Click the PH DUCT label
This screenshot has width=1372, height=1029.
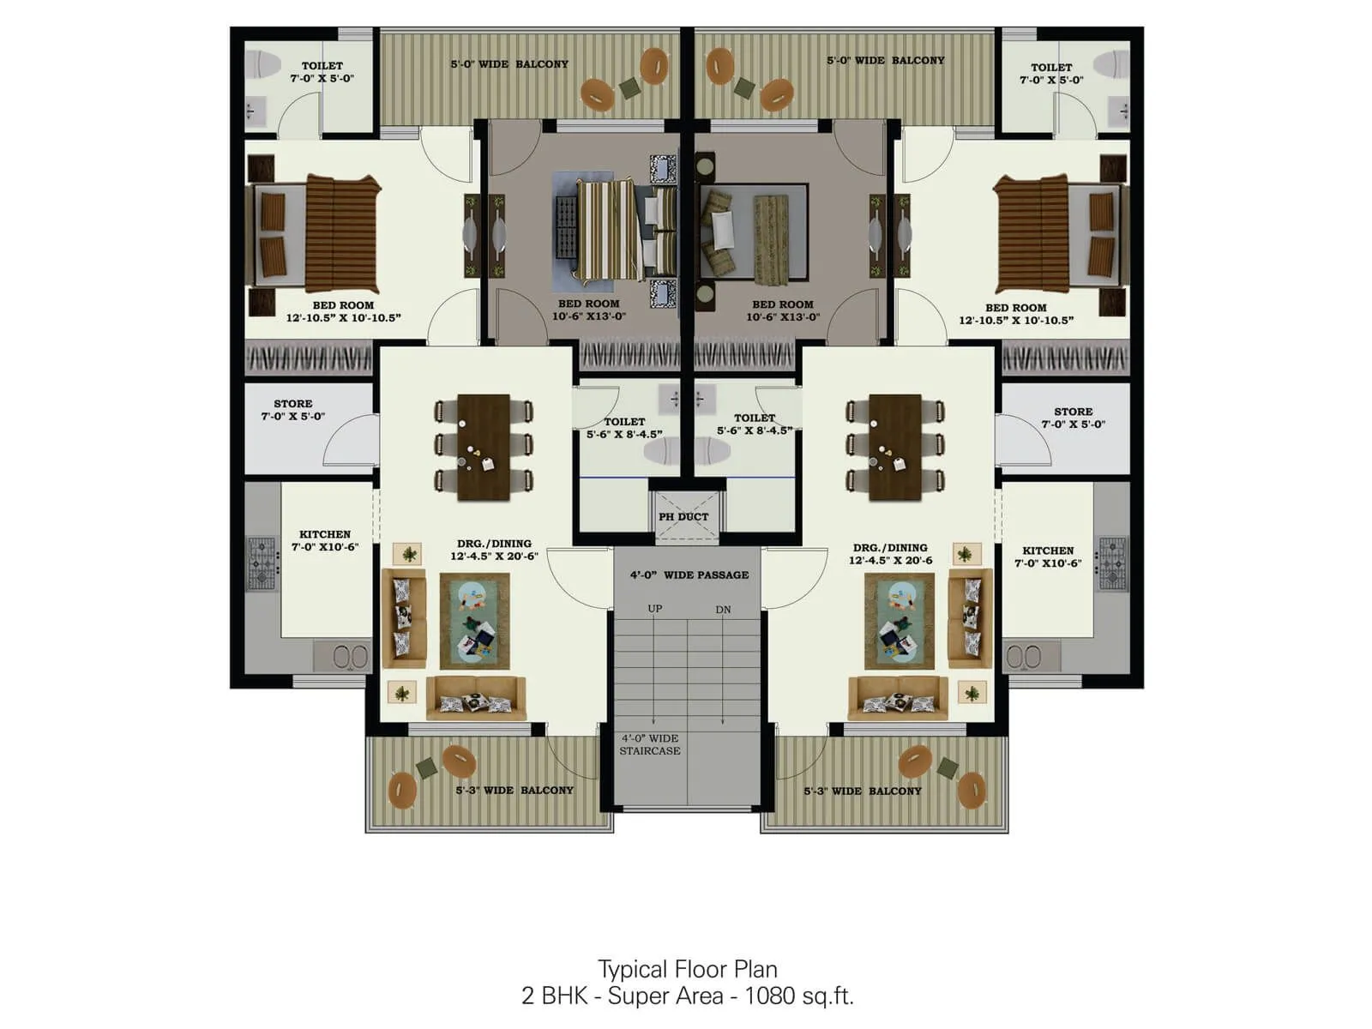click(x=683, y=517)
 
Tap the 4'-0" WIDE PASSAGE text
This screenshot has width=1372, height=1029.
click(x=689, y=575)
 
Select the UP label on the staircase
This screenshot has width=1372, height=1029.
click(x=655, y=609)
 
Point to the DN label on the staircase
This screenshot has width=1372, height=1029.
click(x=723, y=610)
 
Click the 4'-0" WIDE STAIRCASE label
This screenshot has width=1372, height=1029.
click(x=650, y=744)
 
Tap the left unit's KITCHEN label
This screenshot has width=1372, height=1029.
click(x=324, y=534)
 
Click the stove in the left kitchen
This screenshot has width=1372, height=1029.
click(x=262, y=563)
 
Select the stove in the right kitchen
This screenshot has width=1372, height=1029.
click(x=1112, y=563)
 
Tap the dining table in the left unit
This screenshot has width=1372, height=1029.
click(x=484, y=447)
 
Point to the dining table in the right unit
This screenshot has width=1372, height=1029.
click(x=894, y=447)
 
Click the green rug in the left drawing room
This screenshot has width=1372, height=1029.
click(x=474, y=621)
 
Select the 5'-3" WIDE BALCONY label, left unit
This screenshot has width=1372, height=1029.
click(x=514, y=790)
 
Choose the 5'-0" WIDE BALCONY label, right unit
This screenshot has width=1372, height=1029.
click(x=885, y=60)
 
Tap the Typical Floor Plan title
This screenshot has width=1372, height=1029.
click(x=687, y=969)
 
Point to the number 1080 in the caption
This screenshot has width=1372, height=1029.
click(x=769, y=996)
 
